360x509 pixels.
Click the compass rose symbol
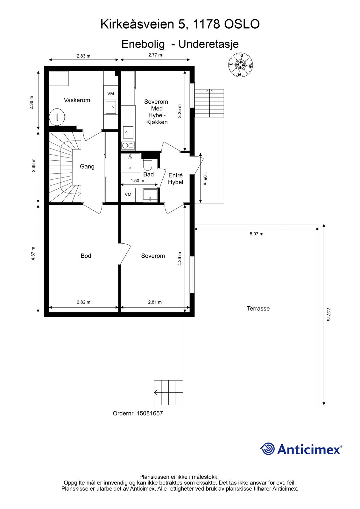241,65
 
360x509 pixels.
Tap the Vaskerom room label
77,100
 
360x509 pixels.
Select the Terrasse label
258,309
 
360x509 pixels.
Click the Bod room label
86,256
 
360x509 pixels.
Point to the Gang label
87,167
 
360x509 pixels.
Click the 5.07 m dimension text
257,234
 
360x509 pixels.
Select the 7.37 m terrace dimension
328,314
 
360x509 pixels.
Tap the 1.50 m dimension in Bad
138,181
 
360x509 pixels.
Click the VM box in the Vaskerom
111,94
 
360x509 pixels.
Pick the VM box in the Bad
128,194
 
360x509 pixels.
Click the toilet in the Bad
148,164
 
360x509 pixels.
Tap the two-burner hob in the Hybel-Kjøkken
128,145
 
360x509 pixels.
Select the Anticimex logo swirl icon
267,449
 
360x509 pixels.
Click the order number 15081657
149,413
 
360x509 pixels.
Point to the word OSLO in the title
242,24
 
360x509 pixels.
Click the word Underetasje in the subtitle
208,44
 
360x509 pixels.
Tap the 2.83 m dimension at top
83,56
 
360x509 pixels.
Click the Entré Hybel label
176,178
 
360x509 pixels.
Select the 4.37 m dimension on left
33,253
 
